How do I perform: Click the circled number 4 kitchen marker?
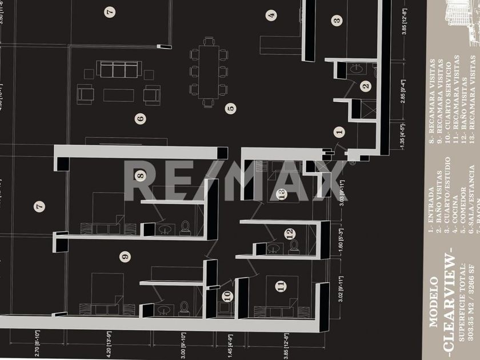271,15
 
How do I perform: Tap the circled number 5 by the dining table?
231,107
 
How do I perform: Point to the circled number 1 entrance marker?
340,132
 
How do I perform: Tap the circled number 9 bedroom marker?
125,257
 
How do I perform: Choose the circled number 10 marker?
228,296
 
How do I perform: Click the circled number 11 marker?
280,286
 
